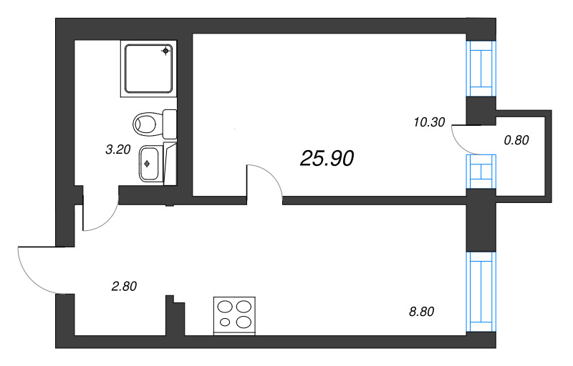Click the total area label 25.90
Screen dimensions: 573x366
coord(327,159)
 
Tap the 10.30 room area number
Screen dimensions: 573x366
coord(429,122)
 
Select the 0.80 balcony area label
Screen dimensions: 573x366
coord(516,140)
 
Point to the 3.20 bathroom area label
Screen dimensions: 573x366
coord(118,149)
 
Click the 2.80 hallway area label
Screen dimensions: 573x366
coord(124,286)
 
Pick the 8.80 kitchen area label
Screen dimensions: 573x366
coord(421,312)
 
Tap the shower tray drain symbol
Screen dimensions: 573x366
coord(166,51)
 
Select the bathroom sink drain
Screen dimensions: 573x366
coord(148,164)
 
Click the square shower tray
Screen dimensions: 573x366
coord(148,69)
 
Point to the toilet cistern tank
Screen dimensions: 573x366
coord(169,124)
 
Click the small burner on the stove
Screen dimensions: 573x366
coord(226,322)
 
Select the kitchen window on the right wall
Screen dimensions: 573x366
coord(481,292)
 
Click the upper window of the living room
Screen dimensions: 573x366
coord(481,69)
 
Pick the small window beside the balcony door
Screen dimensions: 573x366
coord(481,172)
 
